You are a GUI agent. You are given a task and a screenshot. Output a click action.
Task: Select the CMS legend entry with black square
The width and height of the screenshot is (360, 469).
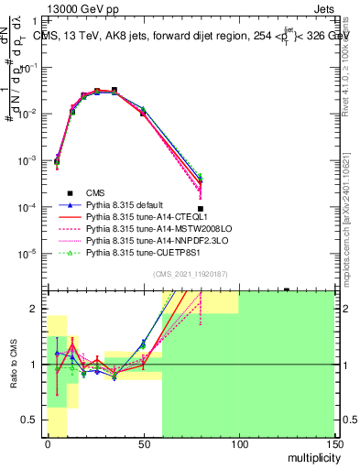(x=95, y=191)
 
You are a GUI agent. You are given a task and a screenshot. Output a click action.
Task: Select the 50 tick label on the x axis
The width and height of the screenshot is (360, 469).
(x=143, y=446)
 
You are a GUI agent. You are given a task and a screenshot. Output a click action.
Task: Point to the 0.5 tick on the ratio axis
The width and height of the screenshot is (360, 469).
(x=30, y=420)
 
